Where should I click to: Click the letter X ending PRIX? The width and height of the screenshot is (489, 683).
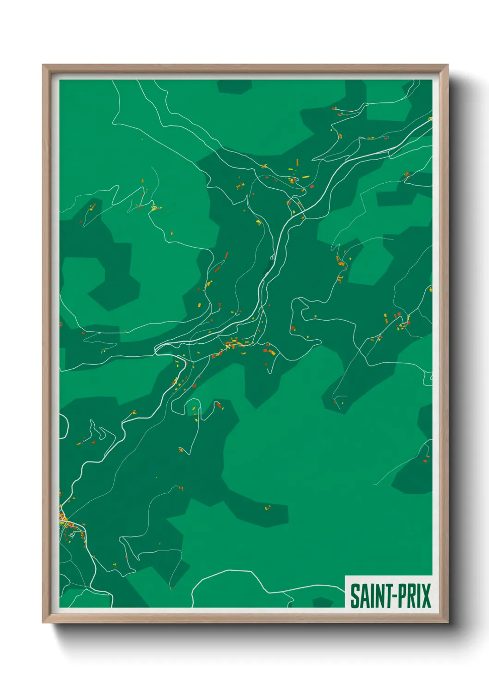click(x=426, y=596)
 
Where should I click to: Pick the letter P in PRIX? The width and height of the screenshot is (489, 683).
click(x=399, y=596)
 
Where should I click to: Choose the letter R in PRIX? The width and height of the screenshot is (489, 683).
click(x=409, y=596)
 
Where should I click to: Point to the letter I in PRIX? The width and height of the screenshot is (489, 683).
click(x=418, y=596)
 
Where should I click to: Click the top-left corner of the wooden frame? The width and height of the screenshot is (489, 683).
click(x=43, y=66)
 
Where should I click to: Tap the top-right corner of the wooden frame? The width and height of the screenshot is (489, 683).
click(x=448, y=66)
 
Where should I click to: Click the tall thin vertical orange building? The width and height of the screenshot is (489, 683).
click(x=297, y=162)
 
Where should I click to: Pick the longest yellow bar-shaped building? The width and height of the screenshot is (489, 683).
click(x=306, y=177)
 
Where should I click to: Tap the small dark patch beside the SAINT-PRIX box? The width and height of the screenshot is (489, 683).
click(x=323, y=602)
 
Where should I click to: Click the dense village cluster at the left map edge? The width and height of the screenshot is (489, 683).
click(x=65, y=519)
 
